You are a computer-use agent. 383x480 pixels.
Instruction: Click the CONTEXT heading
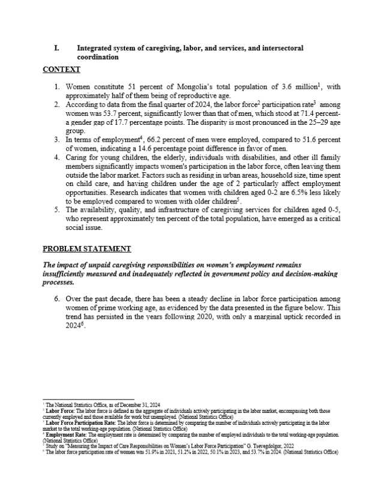click(61, 70)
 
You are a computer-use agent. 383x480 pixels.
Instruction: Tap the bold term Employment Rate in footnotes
click(64, 435)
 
